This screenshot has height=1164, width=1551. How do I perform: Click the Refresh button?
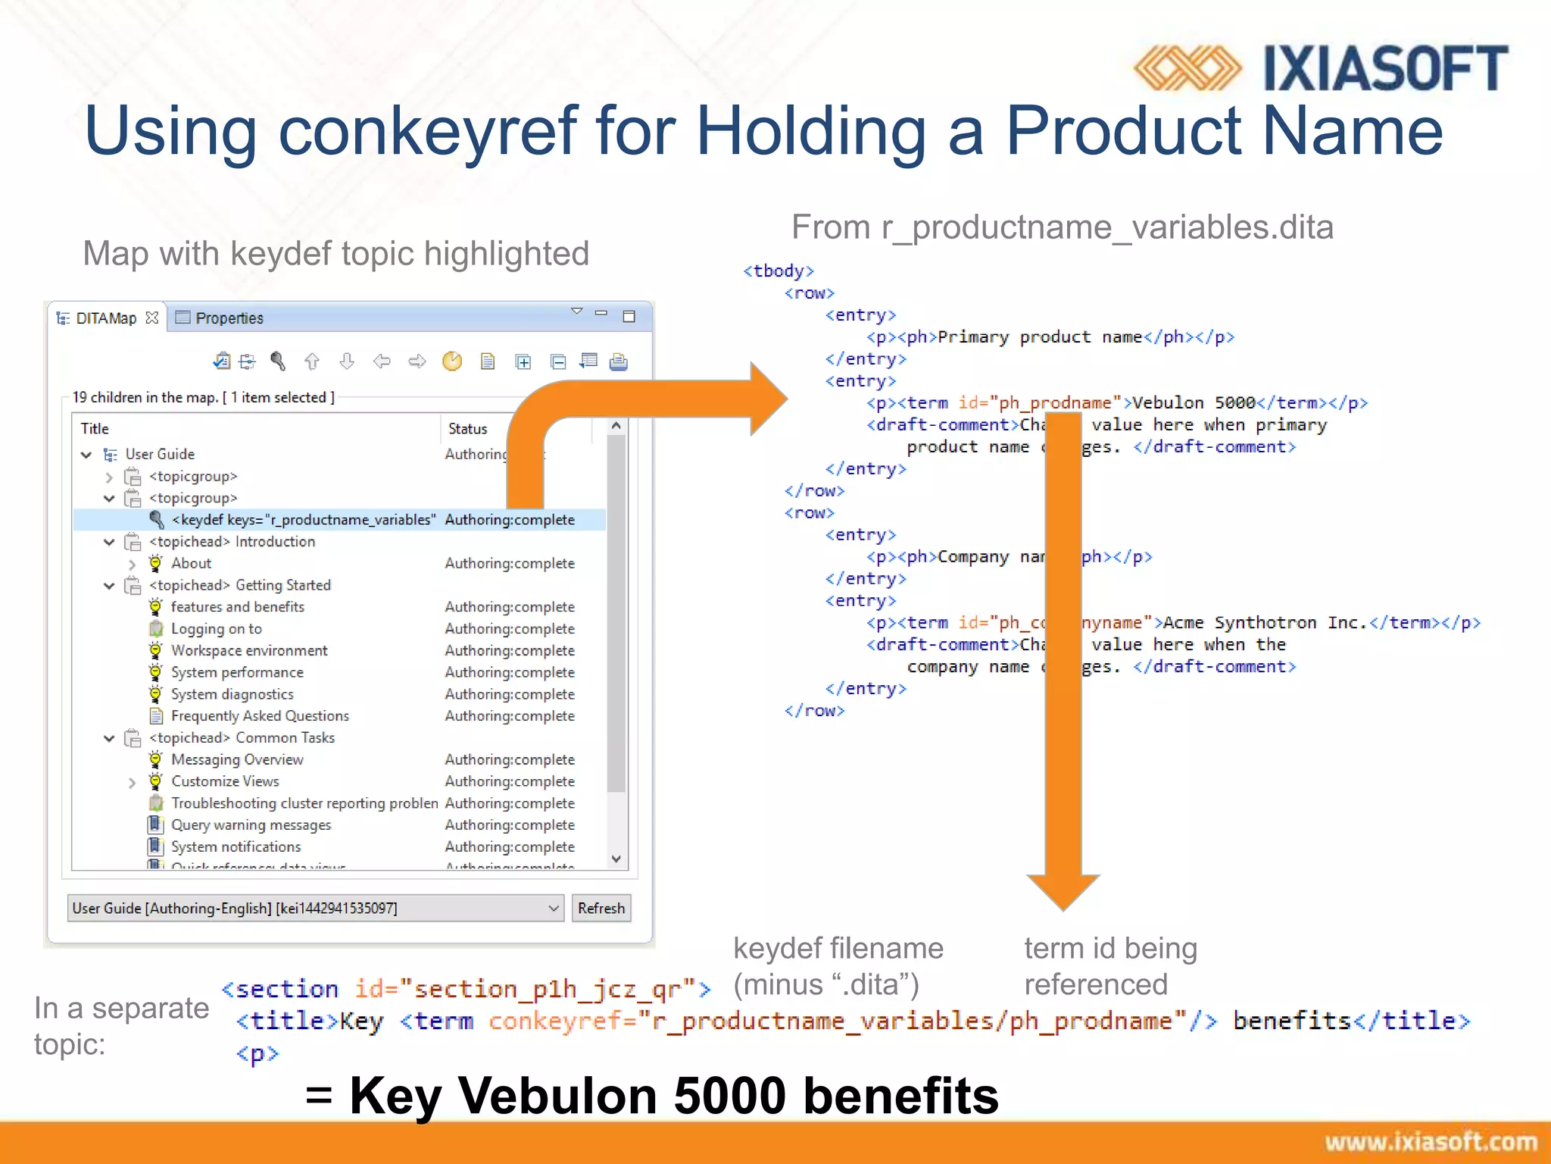[x=601, y=908]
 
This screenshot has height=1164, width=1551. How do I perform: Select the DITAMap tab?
[x=106, y=318]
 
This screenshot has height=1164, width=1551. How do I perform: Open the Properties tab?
[x=228, y=318]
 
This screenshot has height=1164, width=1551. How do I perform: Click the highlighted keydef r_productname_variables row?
[x=303, y=520]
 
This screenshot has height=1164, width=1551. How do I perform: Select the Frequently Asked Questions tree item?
[x=259, y=716]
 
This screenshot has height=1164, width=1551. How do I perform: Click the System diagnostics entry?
[x=232, y=694]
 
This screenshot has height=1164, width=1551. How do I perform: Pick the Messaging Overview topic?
[x=236, y=759]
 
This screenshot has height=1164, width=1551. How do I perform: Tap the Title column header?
[x=95, y=429]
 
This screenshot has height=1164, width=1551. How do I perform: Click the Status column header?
[x=467, y=429]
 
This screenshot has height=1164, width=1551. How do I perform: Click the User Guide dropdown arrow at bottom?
[x=554, y=908]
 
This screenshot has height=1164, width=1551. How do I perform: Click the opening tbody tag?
[x=778, y=271]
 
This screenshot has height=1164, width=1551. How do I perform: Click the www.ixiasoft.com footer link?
[x=1430, y=1142]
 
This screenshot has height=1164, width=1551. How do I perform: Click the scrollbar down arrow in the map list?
[x=616, y=859]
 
